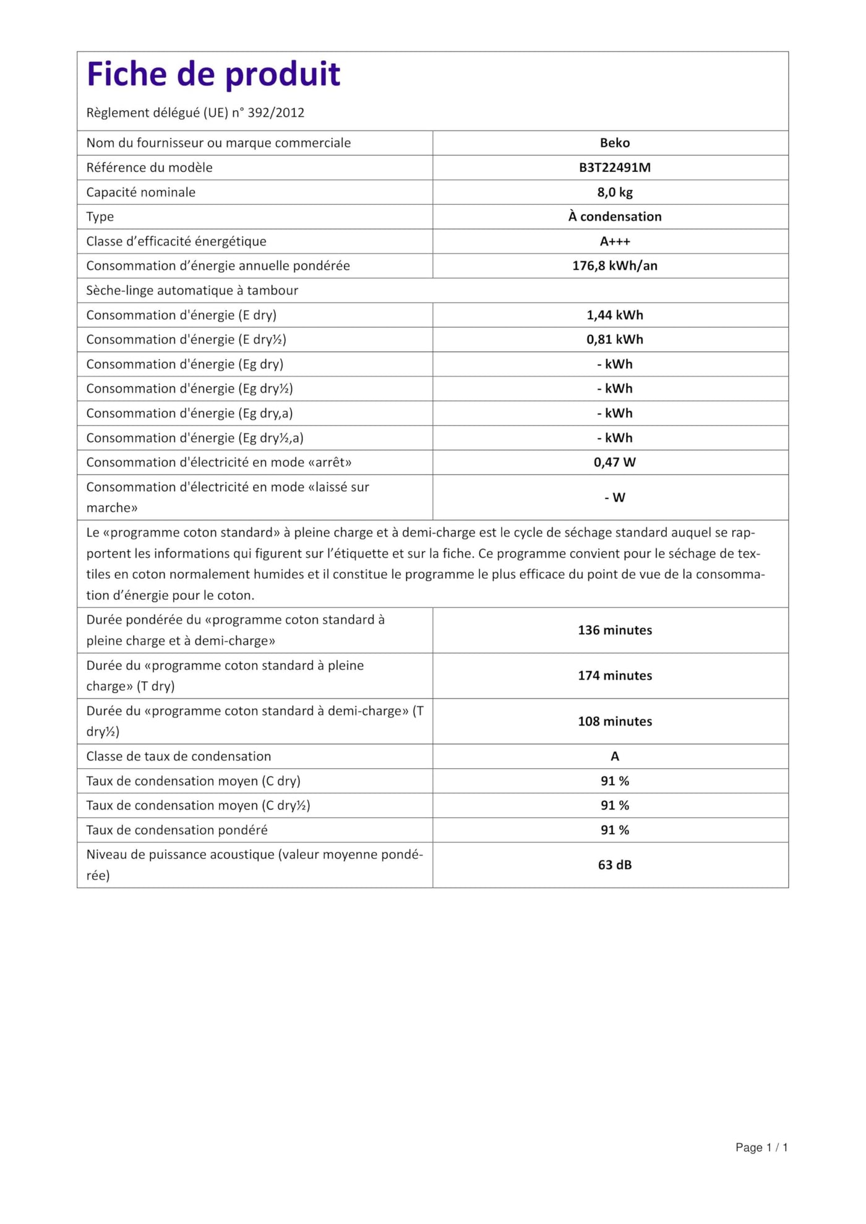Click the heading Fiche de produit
tap(213, 74)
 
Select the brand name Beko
tap(614, 143)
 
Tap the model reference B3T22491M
tap(614, 168)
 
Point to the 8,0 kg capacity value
tap(614, 192)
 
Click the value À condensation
tap(614, 216)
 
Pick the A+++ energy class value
tap(614, 241)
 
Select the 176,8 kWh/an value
tap(614, 266)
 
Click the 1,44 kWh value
tap(614, 315)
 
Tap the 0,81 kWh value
tap(614, 340)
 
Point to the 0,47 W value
tap(614, 462)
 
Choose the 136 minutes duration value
tap(614, 630)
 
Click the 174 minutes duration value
tap(614, 675)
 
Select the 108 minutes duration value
tap(614, 721)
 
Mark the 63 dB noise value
tap(614, 865)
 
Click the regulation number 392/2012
tap(276, 113)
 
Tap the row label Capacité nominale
tap(140, 192)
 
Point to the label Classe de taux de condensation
tap(178, 756)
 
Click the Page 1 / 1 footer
tap(761, 1147)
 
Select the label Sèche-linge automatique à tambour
tap(192, 291)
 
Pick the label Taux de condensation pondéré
tap(177, 830)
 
